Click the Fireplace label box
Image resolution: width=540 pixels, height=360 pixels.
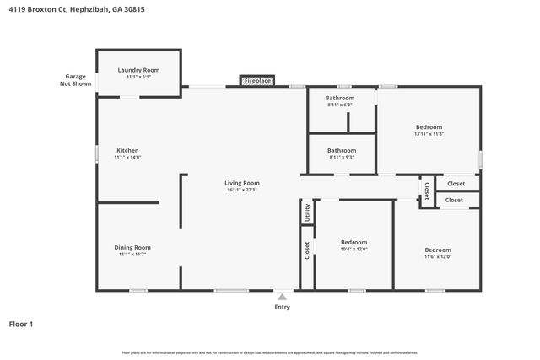257,81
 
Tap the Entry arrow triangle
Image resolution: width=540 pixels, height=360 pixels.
282,297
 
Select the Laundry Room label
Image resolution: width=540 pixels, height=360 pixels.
138,70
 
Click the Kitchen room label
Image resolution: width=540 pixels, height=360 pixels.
127,150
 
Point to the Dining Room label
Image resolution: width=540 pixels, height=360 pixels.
132,247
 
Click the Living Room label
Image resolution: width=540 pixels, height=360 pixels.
241,183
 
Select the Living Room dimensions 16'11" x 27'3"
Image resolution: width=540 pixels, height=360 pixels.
241,190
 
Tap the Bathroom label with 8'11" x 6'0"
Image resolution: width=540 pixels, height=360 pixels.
340,98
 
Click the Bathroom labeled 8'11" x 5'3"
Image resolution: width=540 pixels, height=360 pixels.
341,150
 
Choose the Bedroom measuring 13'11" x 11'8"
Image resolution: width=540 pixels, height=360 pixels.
429,127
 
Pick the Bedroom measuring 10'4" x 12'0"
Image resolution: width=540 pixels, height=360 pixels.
353,242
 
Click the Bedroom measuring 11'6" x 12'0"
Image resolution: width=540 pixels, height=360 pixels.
437,250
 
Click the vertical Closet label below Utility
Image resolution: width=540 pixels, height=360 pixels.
307,250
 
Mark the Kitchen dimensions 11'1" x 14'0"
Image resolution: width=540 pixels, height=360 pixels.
127,157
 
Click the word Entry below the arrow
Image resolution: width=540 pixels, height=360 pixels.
282,307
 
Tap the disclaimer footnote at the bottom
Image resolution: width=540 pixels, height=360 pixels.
270,352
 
